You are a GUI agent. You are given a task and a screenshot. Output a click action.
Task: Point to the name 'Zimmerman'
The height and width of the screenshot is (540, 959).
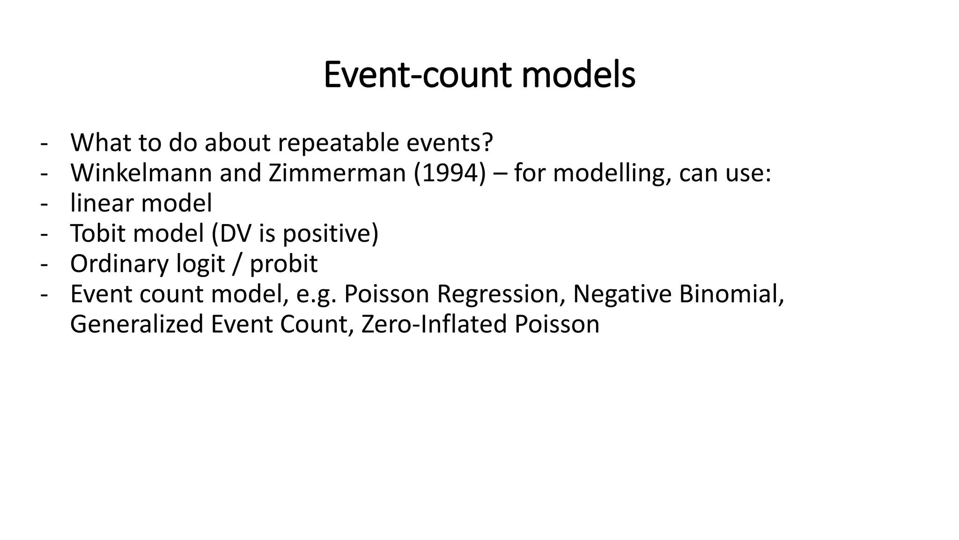click(x=337, y=173)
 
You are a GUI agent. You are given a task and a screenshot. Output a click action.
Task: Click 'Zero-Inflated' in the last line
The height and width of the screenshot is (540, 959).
click(x=434, y=324)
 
